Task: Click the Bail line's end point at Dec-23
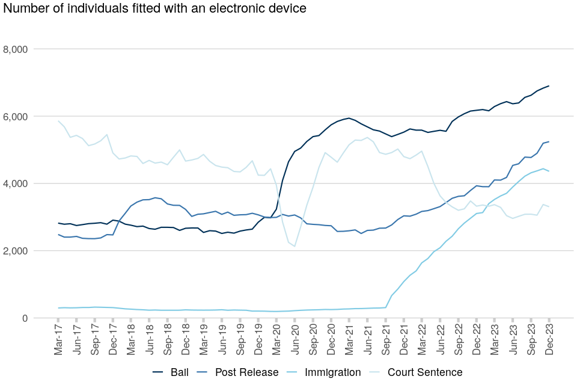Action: (549, 86)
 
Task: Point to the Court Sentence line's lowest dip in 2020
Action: (295, 246)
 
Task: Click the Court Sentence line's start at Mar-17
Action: (58, 121)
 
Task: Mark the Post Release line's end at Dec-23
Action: (549, 141)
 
